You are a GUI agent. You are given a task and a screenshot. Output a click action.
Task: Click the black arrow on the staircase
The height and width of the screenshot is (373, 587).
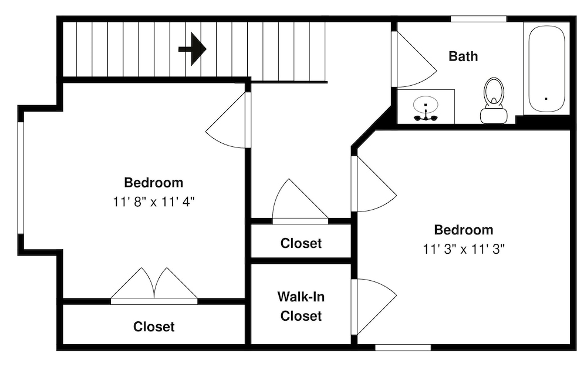point(193,49)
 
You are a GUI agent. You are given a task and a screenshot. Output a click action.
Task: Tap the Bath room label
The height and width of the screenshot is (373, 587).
point(463,56)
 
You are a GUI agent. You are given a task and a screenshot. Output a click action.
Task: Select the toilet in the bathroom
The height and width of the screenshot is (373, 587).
point(494,100)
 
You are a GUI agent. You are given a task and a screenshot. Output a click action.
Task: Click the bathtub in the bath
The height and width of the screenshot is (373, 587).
point(546,69)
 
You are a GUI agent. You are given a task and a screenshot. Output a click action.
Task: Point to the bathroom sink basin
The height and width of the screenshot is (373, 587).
point(426,105)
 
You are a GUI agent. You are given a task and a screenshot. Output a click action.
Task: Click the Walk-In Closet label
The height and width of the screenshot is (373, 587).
point(301,307)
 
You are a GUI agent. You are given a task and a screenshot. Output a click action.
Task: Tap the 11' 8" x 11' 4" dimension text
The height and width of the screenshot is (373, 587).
point(154,202)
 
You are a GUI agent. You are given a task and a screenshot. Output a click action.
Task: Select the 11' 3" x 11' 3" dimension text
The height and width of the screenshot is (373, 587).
point(464,249)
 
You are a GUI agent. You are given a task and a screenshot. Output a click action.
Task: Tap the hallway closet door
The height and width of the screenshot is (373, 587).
point(299,200)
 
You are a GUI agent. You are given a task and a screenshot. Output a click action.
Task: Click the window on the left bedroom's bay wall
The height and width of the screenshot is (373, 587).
point(21,178)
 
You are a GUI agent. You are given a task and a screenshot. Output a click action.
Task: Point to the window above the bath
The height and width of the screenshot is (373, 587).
point(478,19)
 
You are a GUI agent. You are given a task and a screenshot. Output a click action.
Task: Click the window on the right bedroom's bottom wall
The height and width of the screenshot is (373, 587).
point(403,348)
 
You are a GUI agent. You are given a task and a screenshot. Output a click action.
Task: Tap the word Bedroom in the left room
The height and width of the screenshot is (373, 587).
point(154,183)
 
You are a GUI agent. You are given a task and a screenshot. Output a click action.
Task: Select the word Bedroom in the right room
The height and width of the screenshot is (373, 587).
point(464,230)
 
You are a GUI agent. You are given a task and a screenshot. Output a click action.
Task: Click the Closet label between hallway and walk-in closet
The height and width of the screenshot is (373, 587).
point(301,243)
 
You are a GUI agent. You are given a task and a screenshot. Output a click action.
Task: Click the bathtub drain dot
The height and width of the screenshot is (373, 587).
point(546,99)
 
